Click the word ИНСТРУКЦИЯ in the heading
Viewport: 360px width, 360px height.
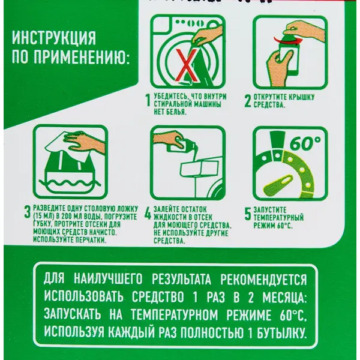click(54, 38)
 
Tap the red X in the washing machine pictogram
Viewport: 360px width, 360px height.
click(187, 65)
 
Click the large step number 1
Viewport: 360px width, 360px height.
click(148, 100)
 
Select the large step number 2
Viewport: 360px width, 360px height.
click(248, 100)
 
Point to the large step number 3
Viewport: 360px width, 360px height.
click(28, 212)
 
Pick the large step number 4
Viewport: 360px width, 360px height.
click(148, 214)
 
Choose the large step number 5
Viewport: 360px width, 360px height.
click(248, 214)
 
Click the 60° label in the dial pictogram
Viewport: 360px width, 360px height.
click(305, 143)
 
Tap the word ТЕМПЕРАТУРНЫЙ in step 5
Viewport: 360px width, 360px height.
click(278, 218)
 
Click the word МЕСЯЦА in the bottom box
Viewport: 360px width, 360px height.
click(284, 298)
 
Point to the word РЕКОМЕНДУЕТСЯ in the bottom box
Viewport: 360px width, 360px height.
click(263, 280)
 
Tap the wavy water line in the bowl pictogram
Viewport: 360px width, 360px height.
click(70, 182)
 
